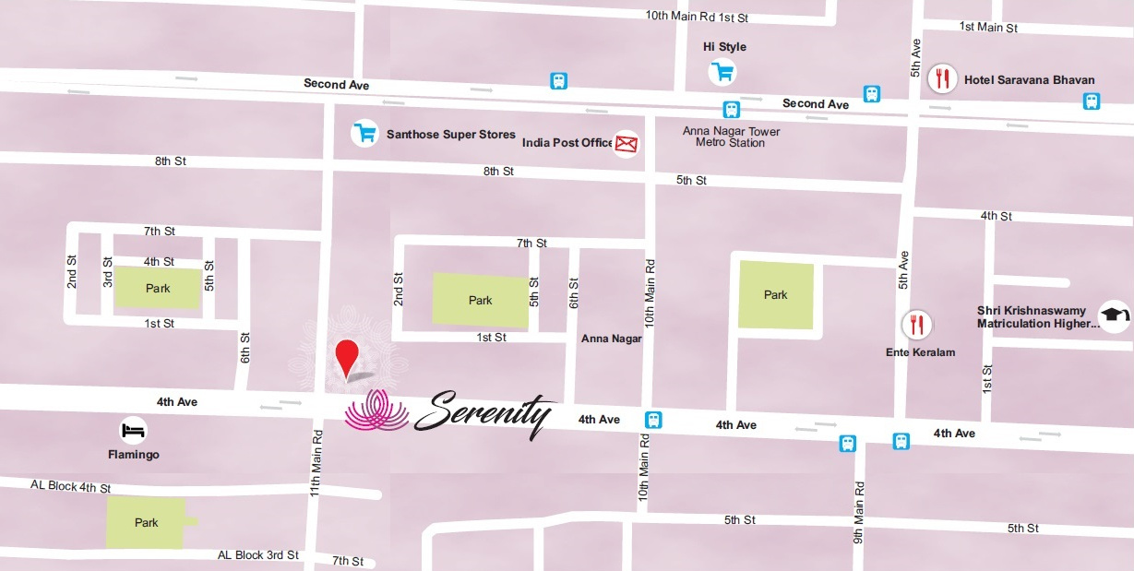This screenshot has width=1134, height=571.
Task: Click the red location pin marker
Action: pyautogui.click(x=347, y=358)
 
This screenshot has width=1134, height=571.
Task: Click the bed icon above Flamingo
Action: pyautogui.click(x=133, y=430)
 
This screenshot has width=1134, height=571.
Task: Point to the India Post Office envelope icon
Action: pyautogui.click(x=627, y=143)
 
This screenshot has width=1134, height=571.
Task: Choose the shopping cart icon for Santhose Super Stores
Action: pyautogui.click(x=365, y=134)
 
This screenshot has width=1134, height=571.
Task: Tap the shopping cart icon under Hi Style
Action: pyautogui.click(x=722, y=71)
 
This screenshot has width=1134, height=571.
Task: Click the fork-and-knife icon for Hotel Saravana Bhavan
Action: pyautogui.click(x=942, y=78)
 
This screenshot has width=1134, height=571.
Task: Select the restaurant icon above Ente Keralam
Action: pyautogui.click(x=916, y=324)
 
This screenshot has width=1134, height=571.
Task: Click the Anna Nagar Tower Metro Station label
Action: pyautogui.click(x=731, y=137)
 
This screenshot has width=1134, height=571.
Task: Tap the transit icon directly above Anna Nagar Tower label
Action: pyautogui.click(x=731, y=110)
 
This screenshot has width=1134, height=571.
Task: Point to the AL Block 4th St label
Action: pyautogui.click(x=70, y=486)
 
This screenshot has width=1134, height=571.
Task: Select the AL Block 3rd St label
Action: pyautogui.click(x=258, y=554)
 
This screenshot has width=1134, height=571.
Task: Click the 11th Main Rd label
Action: pyautogui.click(x=316, y=463)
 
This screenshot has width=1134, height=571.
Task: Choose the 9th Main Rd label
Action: pyautogui.click(x=858, y=509)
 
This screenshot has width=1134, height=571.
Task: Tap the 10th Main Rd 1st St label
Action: pyautogui.click(x=697, y=16)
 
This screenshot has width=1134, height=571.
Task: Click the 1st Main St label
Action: pyautogui.click(x=988, y=28)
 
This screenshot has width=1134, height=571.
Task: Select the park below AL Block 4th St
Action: pyautogui.click(x=147, y=522)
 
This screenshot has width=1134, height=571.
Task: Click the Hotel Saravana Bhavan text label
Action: pyautogui.click(x=1029, y=79)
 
